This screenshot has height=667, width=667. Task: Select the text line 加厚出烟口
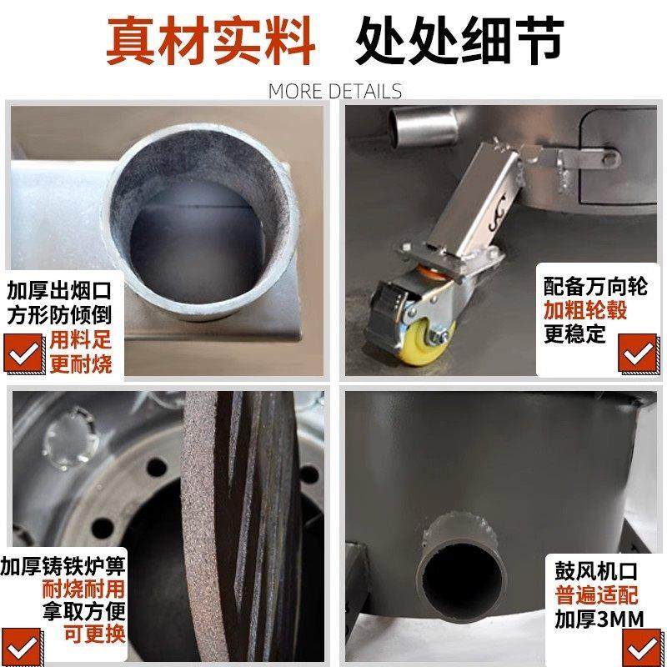point(59,293)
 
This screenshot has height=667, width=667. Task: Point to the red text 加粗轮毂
point(585,311)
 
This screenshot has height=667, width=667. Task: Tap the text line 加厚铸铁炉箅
point(64,566)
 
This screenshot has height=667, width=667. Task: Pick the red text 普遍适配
point(592,596)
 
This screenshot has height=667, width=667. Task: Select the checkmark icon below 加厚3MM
point(638,646)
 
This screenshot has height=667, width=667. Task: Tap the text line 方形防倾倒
point(59,316)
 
